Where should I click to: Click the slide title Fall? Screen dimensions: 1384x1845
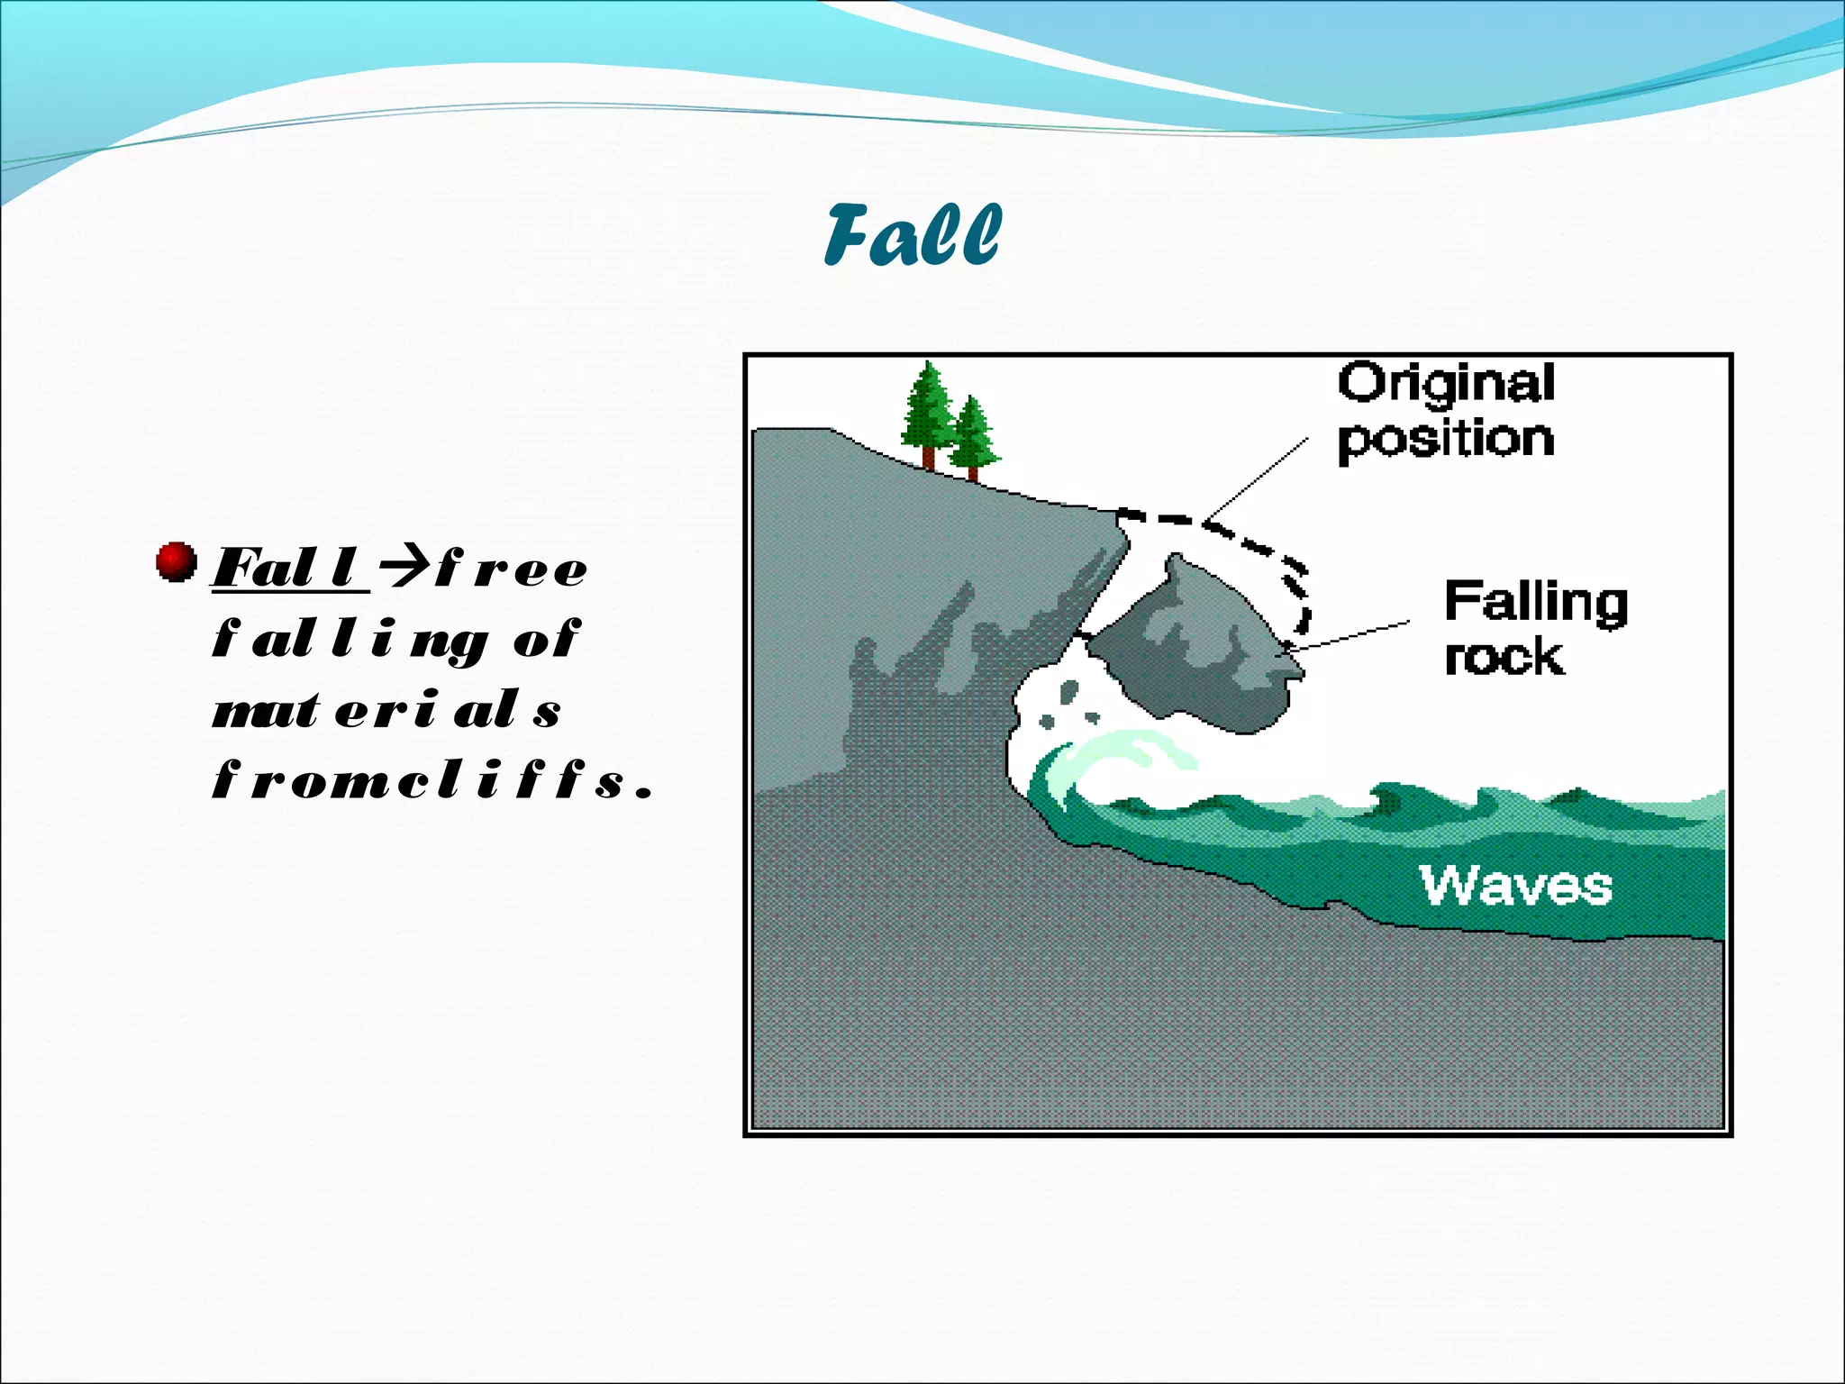912,236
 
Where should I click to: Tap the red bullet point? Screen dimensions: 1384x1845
176,562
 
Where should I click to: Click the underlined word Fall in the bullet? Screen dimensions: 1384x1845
287,569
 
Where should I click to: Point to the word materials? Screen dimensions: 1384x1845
386,710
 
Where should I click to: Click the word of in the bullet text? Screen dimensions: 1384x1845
546,640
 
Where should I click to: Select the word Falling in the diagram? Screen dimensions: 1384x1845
1536,602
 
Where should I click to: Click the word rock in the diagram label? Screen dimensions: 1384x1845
1504,657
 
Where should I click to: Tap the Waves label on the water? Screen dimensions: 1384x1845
1516,886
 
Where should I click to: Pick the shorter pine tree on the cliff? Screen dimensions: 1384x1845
972,436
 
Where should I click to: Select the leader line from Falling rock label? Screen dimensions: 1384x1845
1351,634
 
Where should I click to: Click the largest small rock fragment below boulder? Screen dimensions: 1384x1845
1068,692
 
